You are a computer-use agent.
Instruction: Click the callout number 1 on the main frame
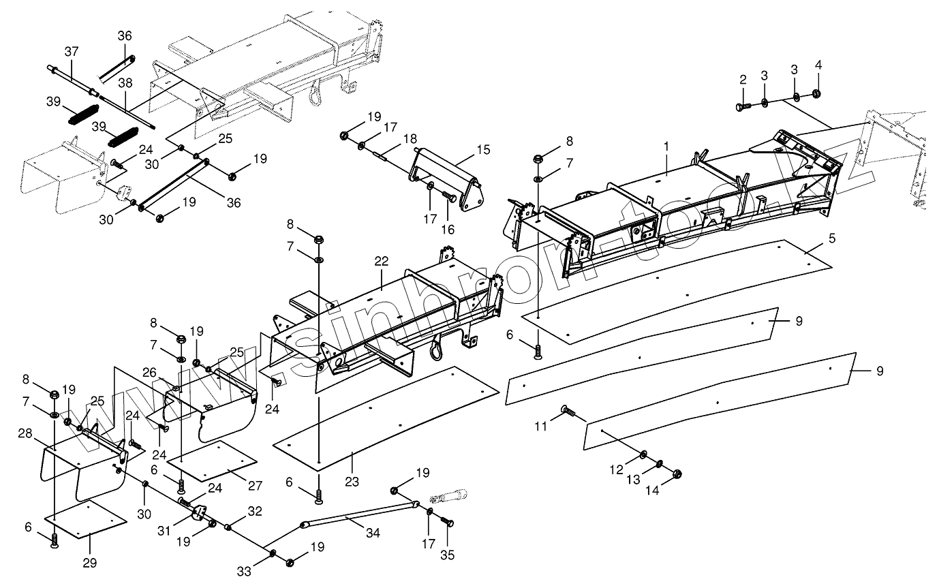(x=667, y=146)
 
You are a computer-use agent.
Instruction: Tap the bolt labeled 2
(x=741, y=106)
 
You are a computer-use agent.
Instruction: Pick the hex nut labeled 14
(x=677, y=474)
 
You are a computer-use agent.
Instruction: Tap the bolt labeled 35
(x=448, y=522)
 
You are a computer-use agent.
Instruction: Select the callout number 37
(x=72, y=51)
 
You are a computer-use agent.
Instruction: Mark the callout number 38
(x=125, y=82)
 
